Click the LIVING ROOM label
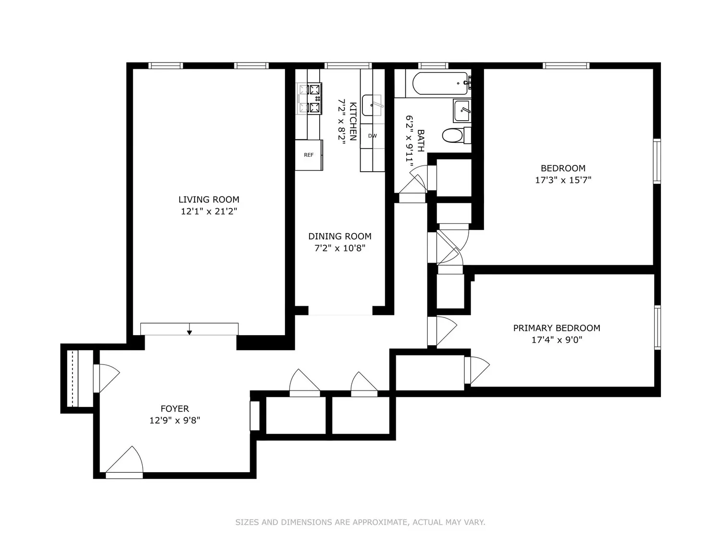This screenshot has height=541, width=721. [x=209, y=200]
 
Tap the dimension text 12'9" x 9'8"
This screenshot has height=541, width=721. [x=175, y=420]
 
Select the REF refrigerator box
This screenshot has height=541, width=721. [x=309, y=155]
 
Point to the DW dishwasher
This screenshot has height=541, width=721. [x=372, y=136]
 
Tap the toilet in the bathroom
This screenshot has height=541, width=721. [x=457, y=135]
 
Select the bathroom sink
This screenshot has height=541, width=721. [x=462, y=110]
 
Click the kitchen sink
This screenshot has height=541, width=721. [x=372, y=105]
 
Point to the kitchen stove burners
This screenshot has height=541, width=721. [x=309, y=99]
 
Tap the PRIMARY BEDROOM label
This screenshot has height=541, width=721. [x=557, y=328]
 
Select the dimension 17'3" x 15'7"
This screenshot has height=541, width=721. [x=563, y=180]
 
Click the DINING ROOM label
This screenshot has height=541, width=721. [x=340, y=236]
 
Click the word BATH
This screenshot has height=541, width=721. [x=421, y=140]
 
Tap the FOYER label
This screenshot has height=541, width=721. [x=175, y=409]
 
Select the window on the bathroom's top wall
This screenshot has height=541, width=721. [x=433, y=65]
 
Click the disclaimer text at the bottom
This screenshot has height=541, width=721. [x=360, y=522]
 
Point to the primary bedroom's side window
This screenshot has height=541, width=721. [x=657, y=327]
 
